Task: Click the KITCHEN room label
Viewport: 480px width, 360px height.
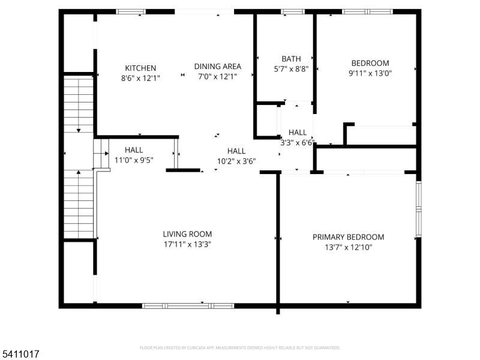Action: point(140,68)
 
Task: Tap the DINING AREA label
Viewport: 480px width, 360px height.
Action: point(217,67)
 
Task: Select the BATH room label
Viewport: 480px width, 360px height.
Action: point(291,59)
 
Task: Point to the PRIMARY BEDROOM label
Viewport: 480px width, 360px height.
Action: point(348,237)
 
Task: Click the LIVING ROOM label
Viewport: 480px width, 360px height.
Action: point(187,234)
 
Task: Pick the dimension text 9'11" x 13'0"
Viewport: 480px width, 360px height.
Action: point(370,73)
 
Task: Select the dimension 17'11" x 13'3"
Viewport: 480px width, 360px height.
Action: point(187,244)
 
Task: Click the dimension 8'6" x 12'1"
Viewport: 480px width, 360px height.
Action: point(140,77)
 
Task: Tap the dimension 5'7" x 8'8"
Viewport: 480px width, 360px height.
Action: point(291,69)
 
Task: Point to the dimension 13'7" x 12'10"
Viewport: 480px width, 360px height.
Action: point(348,247)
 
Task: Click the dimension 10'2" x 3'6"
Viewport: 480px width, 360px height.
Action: point(236,161)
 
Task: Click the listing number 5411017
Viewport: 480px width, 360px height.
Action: point(21,355)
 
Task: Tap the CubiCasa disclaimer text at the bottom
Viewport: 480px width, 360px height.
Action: point(240,347)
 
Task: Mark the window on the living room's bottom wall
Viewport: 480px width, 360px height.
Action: point(188,305)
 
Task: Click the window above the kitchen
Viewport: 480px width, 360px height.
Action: point(131,11)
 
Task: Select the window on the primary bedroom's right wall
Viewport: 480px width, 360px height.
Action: point(419,204)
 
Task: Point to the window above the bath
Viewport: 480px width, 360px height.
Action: point(293,11)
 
